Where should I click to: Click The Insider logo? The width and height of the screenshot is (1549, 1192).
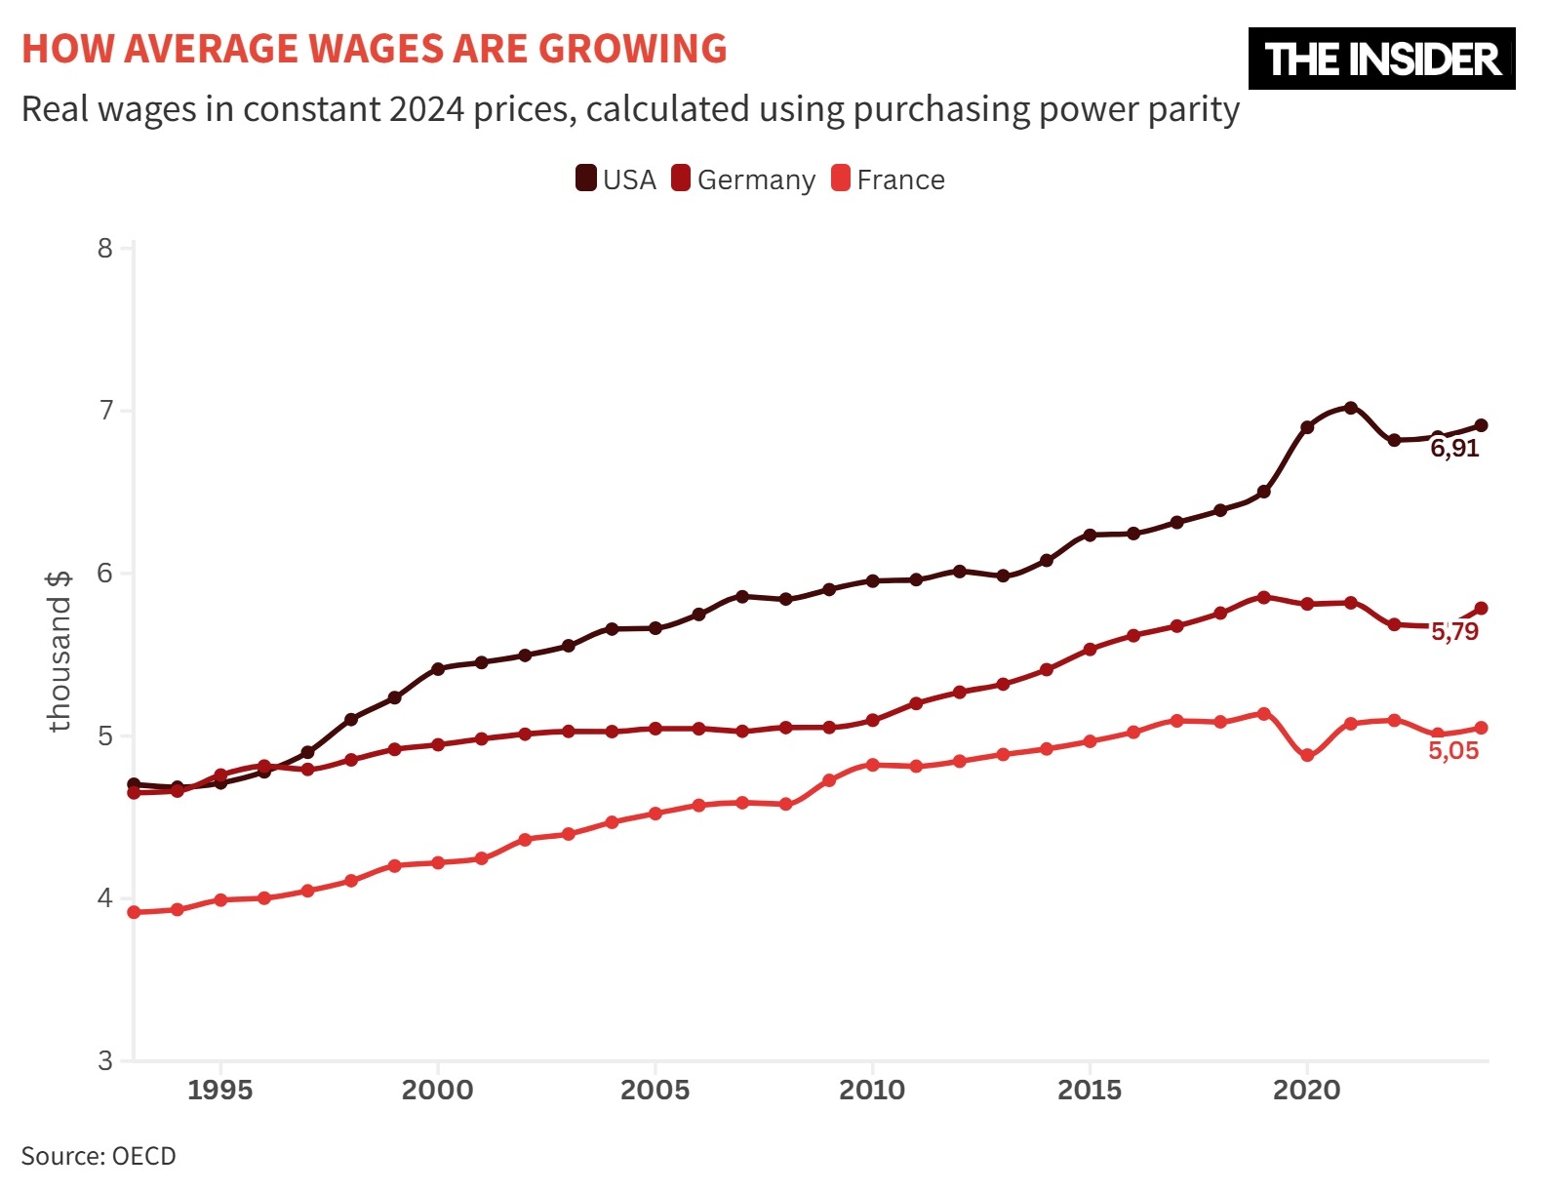point(1381,59)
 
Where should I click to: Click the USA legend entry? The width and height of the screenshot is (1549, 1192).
point(616,179)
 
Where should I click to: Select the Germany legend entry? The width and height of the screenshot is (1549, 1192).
point(744,179)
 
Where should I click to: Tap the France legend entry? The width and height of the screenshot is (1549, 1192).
point(889,179)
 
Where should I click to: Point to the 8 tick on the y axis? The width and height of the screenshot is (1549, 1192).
point(105,248)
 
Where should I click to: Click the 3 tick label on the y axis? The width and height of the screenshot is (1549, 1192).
point(105,1060)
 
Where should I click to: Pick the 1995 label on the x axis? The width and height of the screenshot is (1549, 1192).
point(220,1090)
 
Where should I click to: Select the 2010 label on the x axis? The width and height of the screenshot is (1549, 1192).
point(872,1090)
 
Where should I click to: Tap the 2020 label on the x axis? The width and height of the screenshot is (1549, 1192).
point(1306,1090)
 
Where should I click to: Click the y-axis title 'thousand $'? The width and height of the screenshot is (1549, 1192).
point(60,651)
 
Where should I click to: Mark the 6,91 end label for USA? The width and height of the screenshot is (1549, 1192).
point(1454,449)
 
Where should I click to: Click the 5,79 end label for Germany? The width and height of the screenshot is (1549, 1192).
point(1454,632)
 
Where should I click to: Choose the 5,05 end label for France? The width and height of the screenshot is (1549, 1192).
point(1453,751)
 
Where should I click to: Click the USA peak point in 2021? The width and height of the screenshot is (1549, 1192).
point(1351,408)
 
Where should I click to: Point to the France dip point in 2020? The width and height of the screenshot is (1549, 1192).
point(1307,755)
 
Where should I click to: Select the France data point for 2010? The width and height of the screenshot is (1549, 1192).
point(872,765)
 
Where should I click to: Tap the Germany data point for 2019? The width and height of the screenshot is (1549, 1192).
point(1264,597)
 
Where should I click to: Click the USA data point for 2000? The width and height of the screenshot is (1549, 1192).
point(438,668)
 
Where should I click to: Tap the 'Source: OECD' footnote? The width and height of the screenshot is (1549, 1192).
point(99,1156)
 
